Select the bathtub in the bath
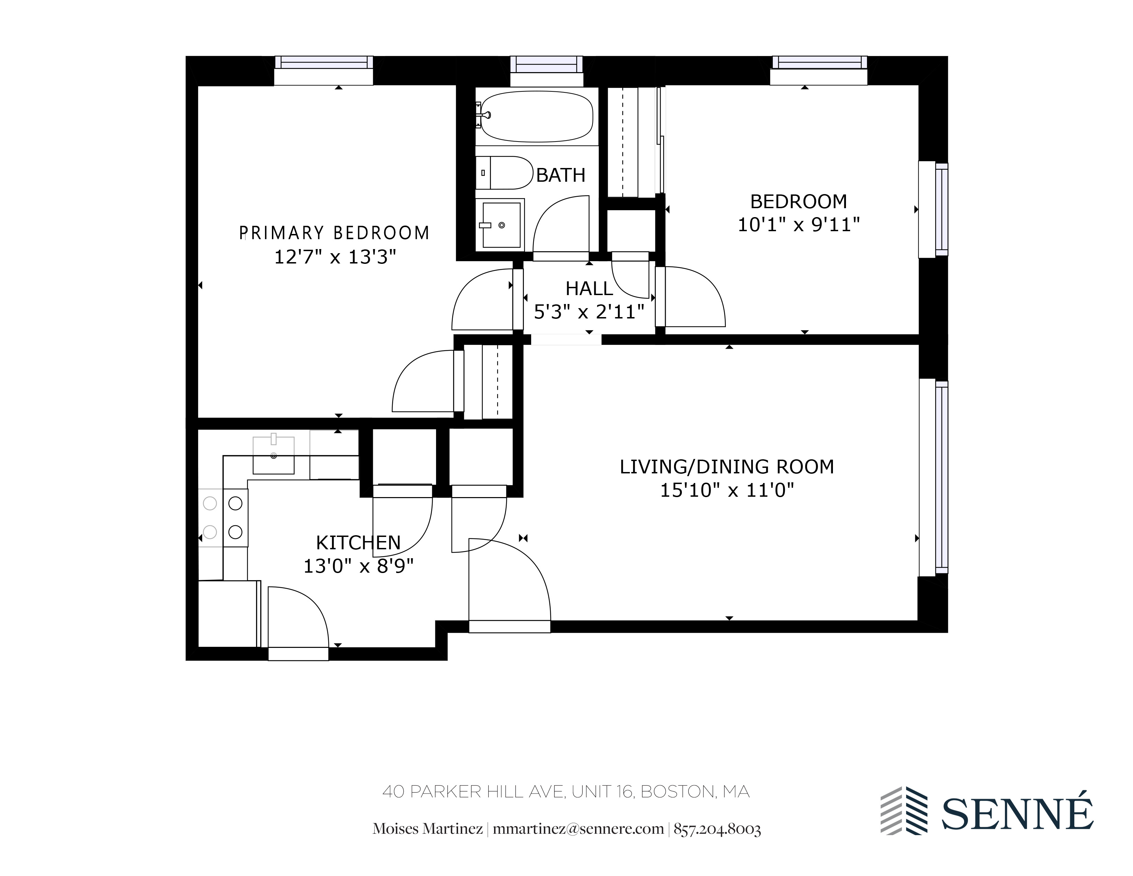click(537, 117)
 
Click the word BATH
click(560, 176)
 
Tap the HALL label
click(589, 289)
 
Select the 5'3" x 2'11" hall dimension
click(589, 312)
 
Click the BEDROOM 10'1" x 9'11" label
click(798, 213)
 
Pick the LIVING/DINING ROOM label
click(727, 467)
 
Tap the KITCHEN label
click(358, 543)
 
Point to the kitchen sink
click(273, 455)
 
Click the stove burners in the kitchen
click(223, 517)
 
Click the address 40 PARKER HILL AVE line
click(565, 792)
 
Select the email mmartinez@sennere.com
click(578, 829)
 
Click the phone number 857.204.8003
click(717, 829)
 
